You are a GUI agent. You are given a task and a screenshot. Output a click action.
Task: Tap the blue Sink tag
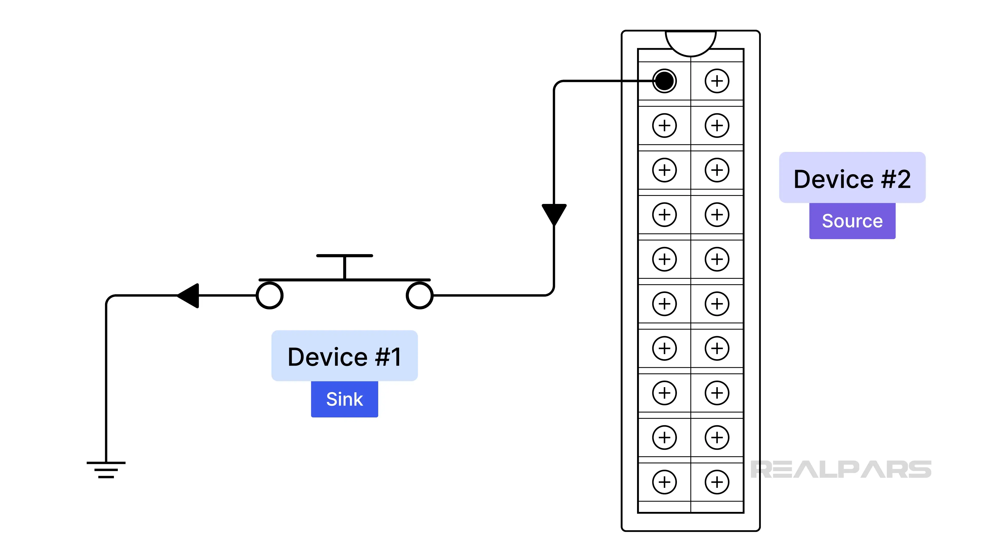(344, 399)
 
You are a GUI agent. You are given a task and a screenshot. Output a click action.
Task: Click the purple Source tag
(852, 221)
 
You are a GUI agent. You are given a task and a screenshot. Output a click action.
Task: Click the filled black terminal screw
(664, 81)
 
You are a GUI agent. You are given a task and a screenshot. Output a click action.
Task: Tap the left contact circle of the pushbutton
(270, 296)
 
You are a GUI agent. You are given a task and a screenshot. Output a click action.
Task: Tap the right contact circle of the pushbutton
(419, 296)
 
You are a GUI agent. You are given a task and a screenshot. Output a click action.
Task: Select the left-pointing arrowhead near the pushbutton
(189, 296)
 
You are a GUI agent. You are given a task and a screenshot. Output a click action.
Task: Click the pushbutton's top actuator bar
(344, 256)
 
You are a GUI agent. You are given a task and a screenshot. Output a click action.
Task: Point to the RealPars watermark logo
(841, 469)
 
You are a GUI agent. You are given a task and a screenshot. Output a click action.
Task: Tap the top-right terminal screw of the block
(717, 81)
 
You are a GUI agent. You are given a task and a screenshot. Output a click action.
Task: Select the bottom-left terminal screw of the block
(664, 482)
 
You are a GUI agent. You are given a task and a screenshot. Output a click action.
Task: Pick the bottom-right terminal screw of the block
(717, 482)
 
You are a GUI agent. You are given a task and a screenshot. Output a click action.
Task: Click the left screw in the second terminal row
(664, 125)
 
